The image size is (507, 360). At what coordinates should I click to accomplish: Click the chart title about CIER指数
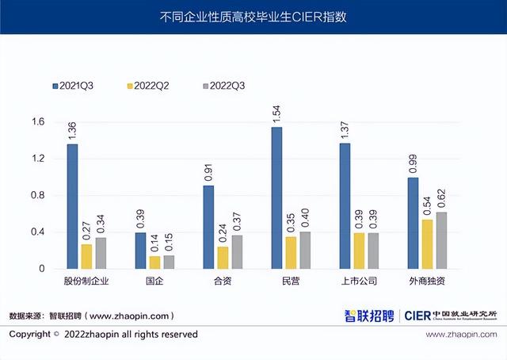pos(253,15)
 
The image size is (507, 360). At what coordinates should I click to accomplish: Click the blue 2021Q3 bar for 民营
pos(276,198)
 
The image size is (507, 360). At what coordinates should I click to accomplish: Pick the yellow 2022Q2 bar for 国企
pos(154,262)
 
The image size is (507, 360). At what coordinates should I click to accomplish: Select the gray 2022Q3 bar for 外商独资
pos(440,240)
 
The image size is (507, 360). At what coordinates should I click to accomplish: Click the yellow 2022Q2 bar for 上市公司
pos(359,251)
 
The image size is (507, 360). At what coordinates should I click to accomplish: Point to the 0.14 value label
pos(154,243)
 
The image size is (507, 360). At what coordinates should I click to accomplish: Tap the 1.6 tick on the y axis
pos(38,122)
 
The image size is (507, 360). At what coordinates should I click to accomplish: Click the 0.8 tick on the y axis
pos(38,196)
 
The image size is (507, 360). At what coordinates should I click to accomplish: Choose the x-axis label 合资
pos(223,281)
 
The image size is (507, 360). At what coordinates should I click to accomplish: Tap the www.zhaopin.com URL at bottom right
pos(462,335)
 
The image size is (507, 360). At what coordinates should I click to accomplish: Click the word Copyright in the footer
pos(30,335)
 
